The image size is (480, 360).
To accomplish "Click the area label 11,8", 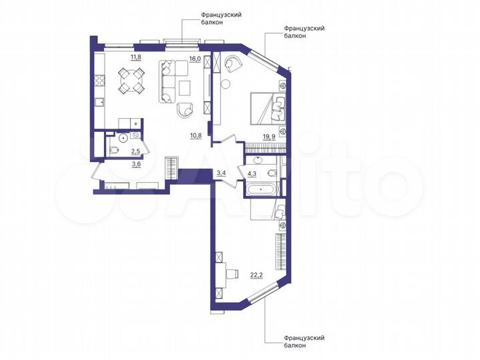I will pos(135,57).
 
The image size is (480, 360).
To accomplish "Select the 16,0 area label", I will pos(195,59).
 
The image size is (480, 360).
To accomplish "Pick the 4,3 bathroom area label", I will pos(253,175).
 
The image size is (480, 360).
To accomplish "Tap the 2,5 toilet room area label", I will pos(135,152).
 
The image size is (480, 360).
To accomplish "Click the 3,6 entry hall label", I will pos(135,163).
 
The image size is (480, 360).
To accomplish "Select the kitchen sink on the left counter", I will pos(98,102).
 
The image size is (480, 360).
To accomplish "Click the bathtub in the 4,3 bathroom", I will pos(261,190).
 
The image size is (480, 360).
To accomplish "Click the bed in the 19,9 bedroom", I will pos(267,107).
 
